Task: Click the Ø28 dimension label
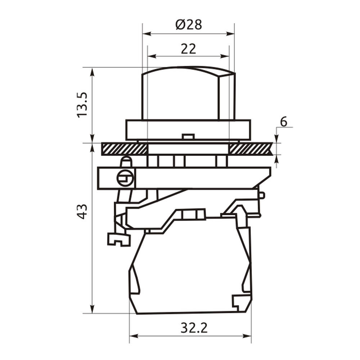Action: tap(189, 24)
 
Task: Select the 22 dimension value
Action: tap(189, 49)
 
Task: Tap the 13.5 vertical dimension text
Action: tap(82, 105)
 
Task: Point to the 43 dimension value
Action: tap(82, 211)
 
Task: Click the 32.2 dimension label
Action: tap(194, 328)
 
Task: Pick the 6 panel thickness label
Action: tap(284, 122)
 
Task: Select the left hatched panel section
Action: tap(124, 149)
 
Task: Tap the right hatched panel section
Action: tap(251, 149)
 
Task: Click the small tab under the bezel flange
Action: tap(188, 136)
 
